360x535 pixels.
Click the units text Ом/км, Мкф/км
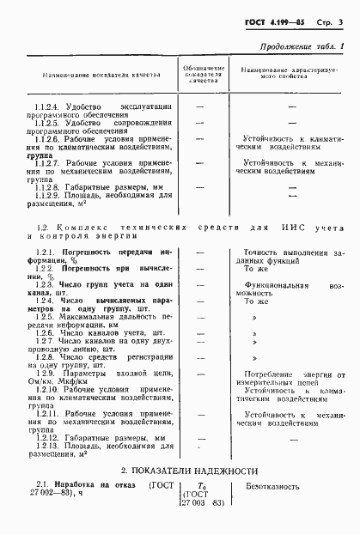click(58, 385)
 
